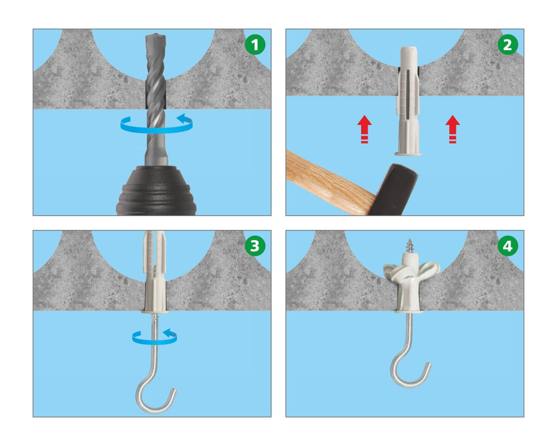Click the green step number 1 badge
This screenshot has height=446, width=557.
(x=255, y=45)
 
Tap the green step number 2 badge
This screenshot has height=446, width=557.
(x=507, y=45)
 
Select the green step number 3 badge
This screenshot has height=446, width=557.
(x=255, y=246)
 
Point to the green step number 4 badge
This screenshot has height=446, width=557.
(x=507, y=246)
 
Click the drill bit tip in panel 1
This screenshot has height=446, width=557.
(x=155, y=34)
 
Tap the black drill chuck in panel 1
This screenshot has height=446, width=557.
(x=156, y=190)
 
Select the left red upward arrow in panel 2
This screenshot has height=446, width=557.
(x=364, y=129)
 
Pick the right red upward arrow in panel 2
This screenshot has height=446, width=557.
(x=453, y=129)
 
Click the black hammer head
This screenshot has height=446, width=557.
(x=394, y=190)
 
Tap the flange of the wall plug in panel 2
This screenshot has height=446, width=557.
(x=408, y=154)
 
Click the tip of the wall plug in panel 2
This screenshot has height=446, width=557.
(x=408, y=48)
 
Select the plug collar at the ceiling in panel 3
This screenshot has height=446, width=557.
(x=155, y=311)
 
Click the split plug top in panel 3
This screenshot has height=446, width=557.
(x=155, y=249)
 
